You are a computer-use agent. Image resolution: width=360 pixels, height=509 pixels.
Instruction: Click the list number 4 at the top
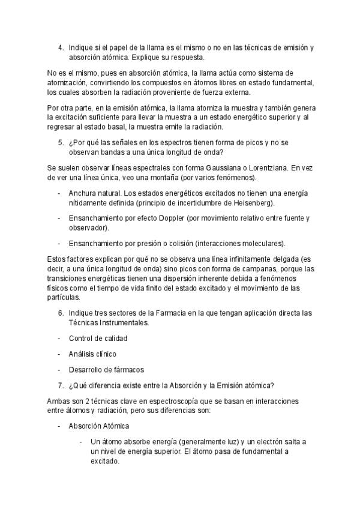(60, 47)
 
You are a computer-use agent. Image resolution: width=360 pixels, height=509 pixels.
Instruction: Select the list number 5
(60, 142)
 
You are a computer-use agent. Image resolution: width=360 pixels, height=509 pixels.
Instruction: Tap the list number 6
(60, 313)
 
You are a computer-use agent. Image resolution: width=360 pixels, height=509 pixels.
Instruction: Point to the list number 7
(60, 385)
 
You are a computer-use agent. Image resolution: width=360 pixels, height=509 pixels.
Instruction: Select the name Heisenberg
(250, 203)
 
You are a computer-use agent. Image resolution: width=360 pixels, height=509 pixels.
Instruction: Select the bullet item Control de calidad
(98, 338)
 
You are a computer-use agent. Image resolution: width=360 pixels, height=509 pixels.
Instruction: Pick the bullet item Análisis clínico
(92, 354)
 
